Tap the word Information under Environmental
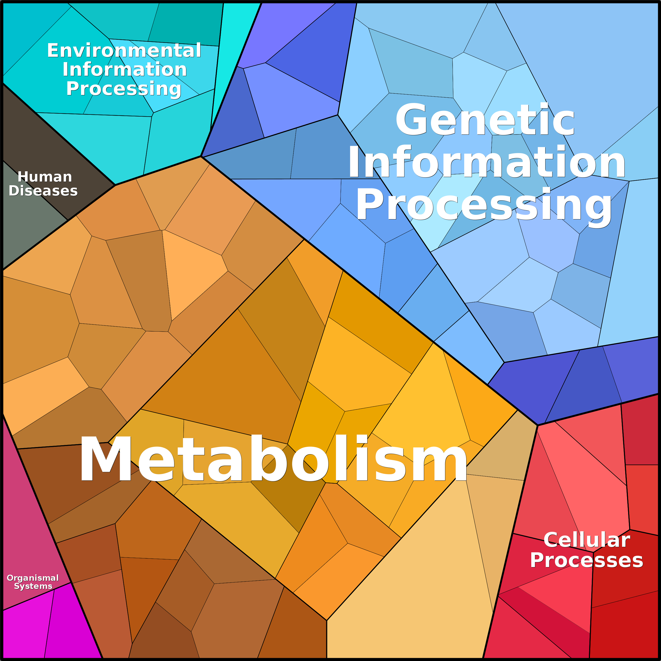(124, 69)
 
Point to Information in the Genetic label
(487, 162)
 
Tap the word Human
(45, 177)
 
